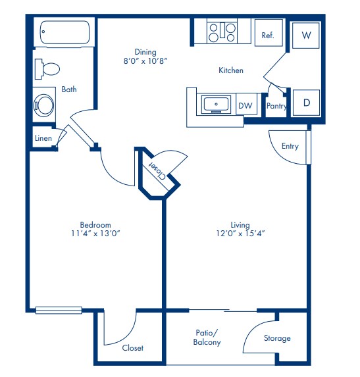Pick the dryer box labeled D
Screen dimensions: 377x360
(306, 103)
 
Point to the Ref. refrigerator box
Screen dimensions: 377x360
(269, 36)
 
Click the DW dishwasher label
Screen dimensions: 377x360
(245, 105)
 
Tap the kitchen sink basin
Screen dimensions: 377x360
(216, 104)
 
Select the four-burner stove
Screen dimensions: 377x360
(222, 32)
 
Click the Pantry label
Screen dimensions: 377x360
(276, 105)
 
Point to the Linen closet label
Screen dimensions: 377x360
(43, 138)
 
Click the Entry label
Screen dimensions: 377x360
(290, 146)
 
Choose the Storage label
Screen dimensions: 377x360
(277, 338)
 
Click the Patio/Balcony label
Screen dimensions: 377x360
(207, 338)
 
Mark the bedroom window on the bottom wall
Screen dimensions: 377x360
(59, 310)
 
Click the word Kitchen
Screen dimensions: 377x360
(231, 70)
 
